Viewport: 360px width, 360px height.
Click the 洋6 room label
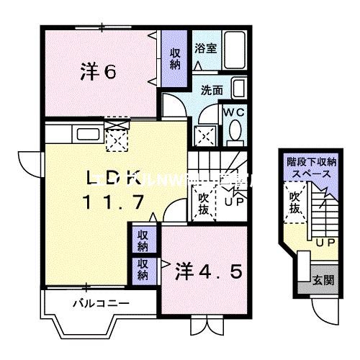point(99,71)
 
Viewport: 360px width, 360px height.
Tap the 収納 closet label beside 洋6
point(176,58)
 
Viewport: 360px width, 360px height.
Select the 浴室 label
point(205,48)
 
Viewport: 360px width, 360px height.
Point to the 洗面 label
point(211,91)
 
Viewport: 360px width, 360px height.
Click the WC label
point(235,112)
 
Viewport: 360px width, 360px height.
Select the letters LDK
point(112,177)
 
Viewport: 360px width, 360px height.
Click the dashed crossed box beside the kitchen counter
point(115,135)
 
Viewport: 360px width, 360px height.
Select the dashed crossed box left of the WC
point(204,135)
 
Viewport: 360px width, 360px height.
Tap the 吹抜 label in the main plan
point(204,202)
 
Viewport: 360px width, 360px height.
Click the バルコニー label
point(101,303)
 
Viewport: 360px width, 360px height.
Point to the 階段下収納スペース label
point(310,168)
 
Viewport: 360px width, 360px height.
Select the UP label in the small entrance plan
point(324,243)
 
